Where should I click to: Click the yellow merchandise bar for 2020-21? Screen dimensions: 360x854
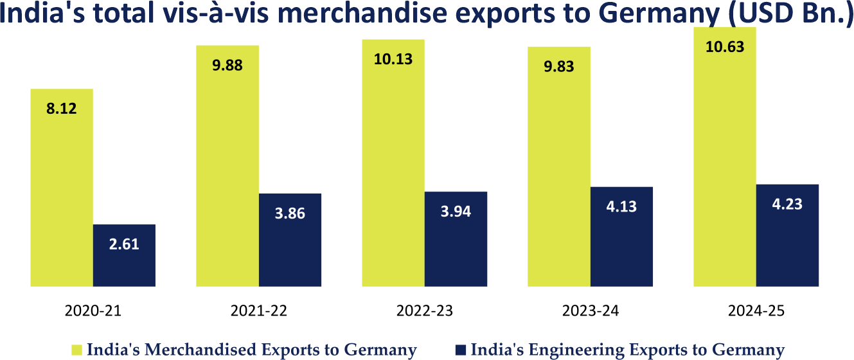(62, 193)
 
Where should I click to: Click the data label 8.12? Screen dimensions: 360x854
(62, 109)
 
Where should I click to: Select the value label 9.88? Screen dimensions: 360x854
(227, 66)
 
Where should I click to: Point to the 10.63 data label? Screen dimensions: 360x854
(725, 46)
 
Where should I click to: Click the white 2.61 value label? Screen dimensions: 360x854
(124, 244)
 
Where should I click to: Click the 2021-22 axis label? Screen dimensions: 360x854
(259, 311)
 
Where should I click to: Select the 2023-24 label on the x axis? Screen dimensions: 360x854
(591, 311)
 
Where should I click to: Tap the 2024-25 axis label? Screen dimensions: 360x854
(756, 311)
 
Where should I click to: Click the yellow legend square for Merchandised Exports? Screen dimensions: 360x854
(76, 350)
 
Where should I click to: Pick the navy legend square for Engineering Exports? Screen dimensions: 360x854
(461, 350)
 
